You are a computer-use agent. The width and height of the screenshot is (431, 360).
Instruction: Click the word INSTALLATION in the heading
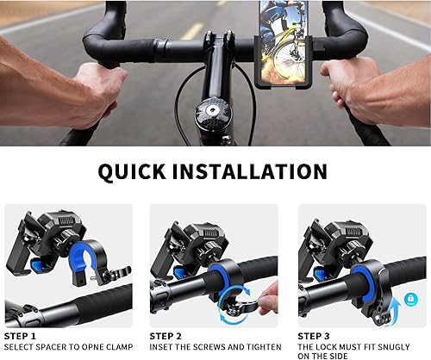pos(258,171)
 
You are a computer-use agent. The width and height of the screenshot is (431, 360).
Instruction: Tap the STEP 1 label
pos(21,336)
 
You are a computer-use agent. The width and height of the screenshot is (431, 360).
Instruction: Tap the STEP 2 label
pos(166,336)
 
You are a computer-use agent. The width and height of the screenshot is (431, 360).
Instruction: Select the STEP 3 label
pos(315,336)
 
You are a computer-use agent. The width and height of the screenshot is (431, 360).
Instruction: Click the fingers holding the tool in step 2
pos(268,301)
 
